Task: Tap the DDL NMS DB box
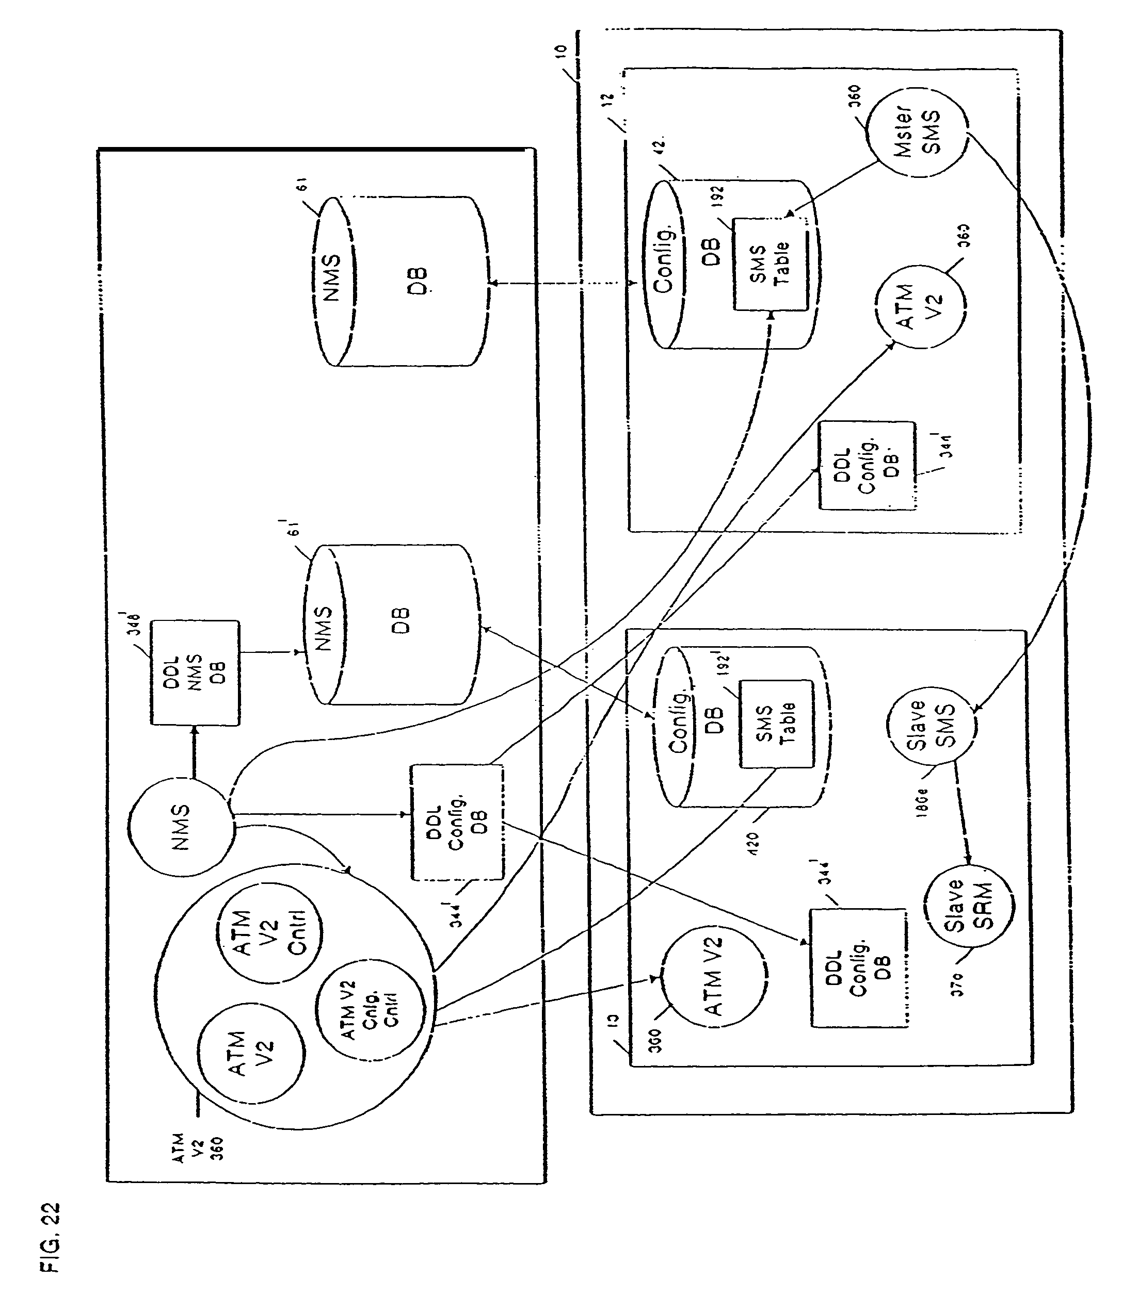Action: coord(195,672)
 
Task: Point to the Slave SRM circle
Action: coord(968,905)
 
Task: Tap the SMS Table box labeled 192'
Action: coord(775,724)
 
